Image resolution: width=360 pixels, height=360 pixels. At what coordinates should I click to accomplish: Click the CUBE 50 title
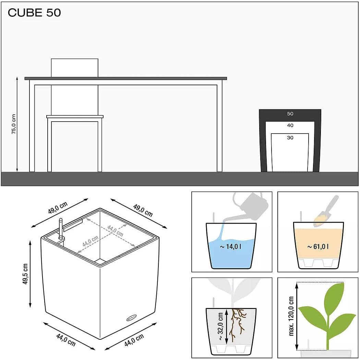coord(34,13)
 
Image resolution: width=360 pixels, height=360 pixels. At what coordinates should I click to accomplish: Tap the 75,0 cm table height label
coord(14,124)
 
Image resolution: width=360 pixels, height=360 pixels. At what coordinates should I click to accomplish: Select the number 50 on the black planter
coord(290,114)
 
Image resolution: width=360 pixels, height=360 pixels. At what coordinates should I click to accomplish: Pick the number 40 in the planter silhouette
coord(290,125)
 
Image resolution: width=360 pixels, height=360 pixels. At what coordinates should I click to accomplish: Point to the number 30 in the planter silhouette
coord(290,137)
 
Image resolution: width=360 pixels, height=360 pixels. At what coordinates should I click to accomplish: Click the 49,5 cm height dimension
coord(25,274)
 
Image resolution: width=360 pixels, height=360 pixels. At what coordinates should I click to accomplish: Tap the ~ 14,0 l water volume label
coord(230,247)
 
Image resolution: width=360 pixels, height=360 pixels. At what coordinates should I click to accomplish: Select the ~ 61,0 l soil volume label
coord(318,247)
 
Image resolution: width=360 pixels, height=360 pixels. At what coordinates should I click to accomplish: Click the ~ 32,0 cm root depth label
coord(220,326)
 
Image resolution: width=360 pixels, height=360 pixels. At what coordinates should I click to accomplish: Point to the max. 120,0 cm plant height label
coord(291,316)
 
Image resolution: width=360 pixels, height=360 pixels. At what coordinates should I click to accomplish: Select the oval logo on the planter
coord(131,318)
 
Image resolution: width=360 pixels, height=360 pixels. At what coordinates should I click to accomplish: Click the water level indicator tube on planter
coord(61,228)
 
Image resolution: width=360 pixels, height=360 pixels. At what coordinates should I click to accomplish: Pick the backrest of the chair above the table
coord(75,68)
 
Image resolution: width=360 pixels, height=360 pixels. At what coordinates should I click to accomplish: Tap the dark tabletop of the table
coord(126,78)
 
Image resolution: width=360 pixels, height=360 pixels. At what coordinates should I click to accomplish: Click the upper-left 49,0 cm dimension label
coord(58,208)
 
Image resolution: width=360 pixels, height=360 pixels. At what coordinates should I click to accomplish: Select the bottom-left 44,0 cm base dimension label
coord(66,340)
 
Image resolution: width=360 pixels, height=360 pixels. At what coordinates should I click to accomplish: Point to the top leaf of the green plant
coord(334,296)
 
